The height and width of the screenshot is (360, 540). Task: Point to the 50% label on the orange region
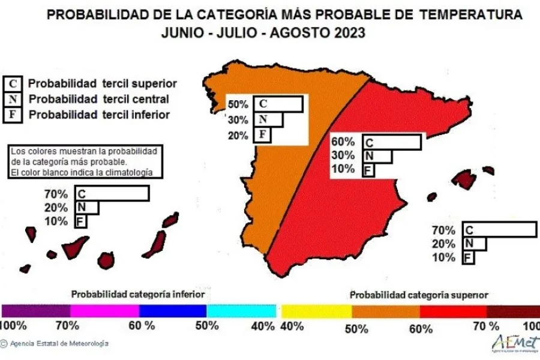pos(238,104)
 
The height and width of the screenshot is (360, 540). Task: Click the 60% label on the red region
pos(343,142)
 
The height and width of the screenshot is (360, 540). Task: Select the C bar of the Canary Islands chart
pos(112,193)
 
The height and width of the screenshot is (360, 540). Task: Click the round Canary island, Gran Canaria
pos(106,260)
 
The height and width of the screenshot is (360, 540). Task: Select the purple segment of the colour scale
pos(36,311)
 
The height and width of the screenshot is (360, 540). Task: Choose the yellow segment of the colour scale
pos(316,311)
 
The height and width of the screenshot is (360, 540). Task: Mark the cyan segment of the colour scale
pos(241,311)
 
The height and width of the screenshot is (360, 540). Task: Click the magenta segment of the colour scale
pos(104,311)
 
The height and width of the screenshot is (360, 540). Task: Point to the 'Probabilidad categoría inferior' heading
pos(138,295)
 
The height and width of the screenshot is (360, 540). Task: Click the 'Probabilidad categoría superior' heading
pos(418,295)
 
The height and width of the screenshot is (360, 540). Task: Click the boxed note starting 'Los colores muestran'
pos(85,161)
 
